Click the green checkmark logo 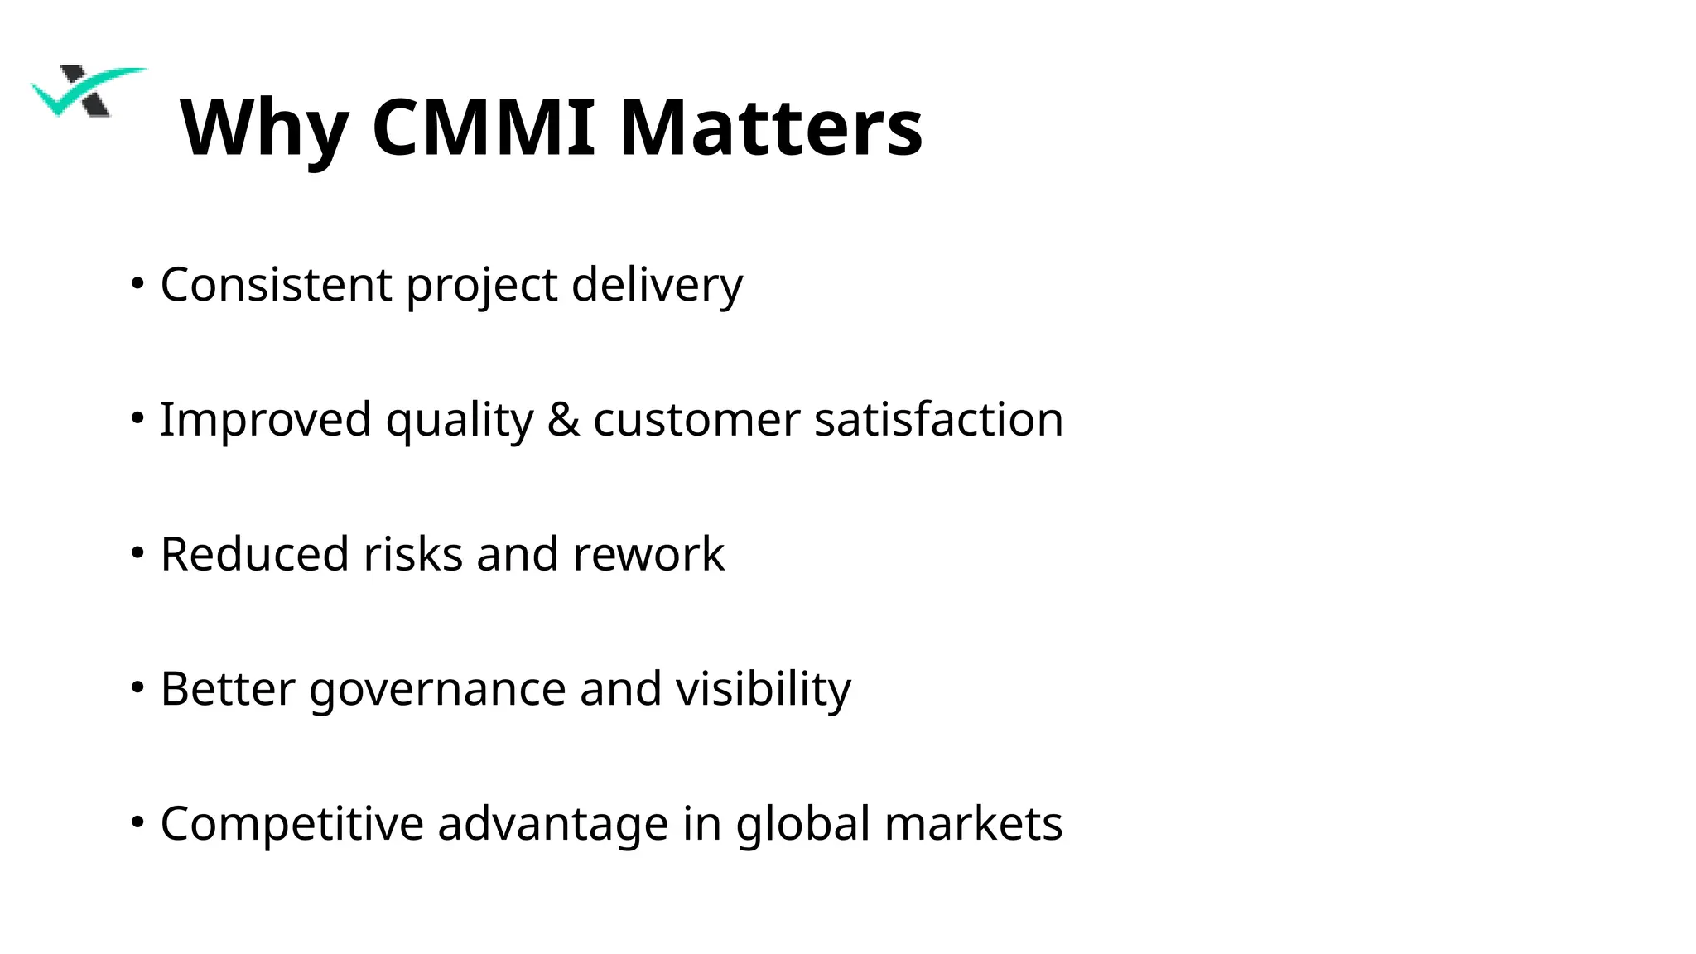[87, 91]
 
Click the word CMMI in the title [484, 128]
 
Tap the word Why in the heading [264, 128]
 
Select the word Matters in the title [770, 128]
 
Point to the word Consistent [276, 285]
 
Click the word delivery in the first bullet [657, 285]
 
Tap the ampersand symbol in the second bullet [563, 419]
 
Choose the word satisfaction [938, 419]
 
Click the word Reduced [254, 554]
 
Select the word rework [648, 554]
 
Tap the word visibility [763, 690]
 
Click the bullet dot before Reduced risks [137, 552]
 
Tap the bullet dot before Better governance [137, 687]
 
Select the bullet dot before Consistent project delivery [137, 283]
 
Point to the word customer [696, 419]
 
